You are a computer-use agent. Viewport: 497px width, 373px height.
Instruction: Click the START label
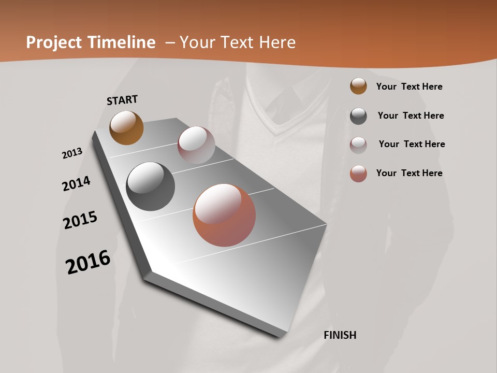122,99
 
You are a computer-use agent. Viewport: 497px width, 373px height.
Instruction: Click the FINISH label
340,335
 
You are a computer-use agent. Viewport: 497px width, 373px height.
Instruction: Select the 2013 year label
72,153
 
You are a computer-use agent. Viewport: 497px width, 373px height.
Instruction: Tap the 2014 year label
77,183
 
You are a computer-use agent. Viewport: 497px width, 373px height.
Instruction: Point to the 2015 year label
80,220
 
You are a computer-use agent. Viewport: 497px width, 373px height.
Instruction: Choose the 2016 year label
88,262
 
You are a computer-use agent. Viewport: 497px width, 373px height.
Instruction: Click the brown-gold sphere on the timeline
126,127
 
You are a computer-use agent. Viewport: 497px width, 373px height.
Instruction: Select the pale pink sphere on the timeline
196,145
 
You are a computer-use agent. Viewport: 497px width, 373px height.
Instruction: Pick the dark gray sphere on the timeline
150,187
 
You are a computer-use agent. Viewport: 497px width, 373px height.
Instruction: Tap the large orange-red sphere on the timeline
224,215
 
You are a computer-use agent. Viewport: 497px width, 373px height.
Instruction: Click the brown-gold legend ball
358,87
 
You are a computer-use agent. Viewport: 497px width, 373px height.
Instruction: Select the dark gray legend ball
358,116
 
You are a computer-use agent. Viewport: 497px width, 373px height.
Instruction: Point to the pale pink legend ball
358,145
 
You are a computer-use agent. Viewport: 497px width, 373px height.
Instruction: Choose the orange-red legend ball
358,174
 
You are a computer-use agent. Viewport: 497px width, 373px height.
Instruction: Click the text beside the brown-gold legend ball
409,87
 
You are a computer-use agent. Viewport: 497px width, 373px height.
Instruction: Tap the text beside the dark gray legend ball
411,116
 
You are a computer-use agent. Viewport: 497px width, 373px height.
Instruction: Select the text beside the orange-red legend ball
409,173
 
